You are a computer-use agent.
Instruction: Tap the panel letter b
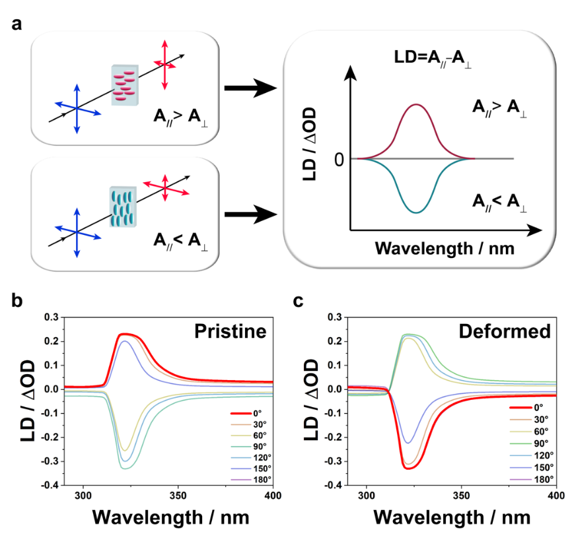(17, 301)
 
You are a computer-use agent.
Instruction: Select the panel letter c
(299, 301)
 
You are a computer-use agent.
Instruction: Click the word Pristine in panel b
(230, 330)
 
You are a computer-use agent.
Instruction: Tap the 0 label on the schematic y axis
(339, 160)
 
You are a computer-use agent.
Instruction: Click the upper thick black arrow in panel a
(250, 88)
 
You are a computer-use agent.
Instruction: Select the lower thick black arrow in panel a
(250, 214)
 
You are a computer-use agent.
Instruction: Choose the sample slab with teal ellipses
(123, 207)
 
